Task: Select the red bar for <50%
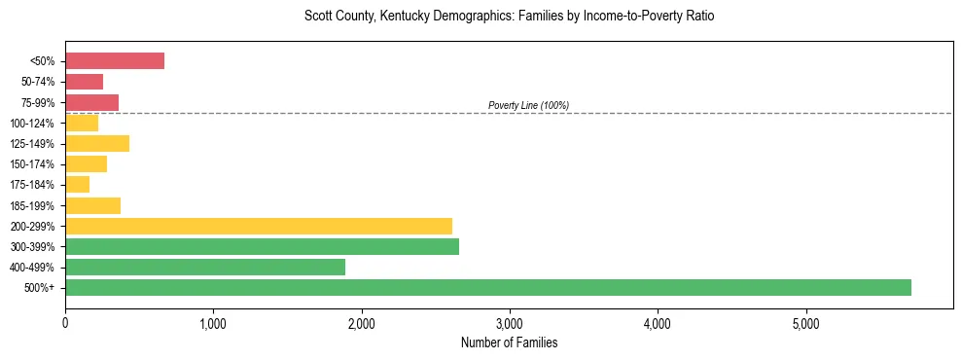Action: tap(115, 61)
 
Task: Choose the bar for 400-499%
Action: tap(205, 267)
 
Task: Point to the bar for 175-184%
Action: tap(78, 184)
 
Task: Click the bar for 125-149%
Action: tap(97, 143)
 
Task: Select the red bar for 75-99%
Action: tap(91, 102)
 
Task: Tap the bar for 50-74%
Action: tap(84, 82)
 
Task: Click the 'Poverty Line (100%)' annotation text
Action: tap(528, 105)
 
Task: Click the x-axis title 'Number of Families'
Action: tap(509, 342)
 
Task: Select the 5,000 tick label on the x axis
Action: tap(805, 323)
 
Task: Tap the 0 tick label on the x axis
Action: tap(65, 323)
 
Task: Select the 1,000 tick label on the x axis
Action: tap(213, 323)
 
